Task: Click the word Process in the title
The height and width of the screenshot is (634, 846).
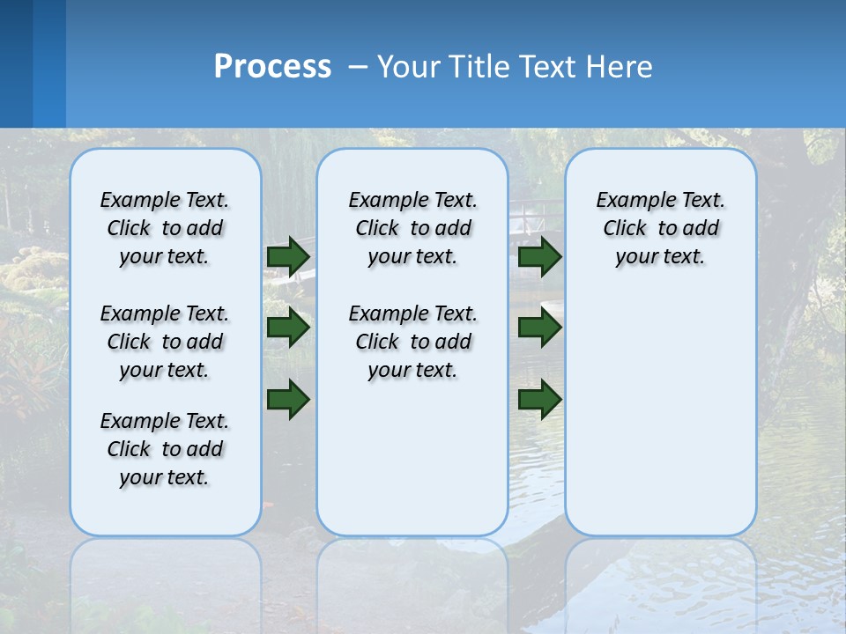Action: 272,67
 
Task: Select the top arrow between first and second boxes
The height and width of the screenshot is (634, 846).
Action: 288,256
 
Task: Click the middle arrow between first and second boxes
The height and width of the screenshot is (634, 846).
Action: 288,328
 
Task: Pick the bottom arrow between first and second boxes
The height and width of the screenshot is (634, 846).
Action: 288,399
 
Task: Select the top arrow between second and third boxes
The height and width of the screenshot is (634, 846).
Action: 539,256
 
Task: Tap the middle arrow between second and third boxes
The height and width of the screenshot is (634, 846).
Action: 539,328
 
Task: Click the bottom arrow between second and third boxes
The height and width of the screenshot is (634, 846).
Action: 539,399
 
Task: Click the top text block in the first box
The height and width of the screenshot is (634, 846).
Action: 165,228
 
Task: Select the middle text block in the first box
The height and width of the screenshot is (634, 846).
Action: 165,342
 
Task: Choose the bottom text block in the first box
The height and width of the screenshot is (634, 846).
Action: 165,449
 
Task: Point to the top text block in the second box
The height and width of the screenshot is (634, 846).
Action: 413,228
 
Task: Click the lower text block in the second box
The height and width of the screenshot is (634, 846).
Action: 413,342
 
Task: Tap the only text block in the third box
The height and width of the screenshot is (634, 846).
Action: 661,228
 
